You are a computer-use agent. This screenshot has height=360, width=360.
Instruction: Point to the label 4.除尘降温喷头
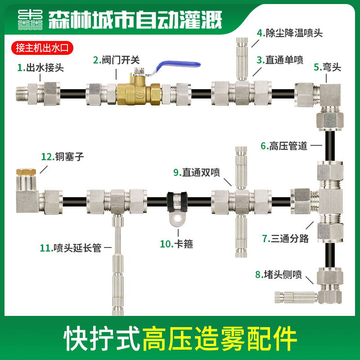290,33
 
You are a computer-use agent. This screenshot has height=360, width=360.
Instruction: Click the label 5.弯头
328,67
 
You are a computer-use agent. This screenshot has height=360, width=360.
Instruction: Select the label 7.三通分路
286,238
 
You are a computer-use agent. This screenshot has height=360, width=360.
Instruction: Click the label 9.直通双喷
201,172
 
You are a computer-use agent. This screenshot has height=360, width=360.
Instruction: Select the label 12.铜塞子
63,157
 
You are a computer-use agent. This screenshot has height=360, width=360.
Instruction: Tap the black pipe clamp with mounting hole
177,207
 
